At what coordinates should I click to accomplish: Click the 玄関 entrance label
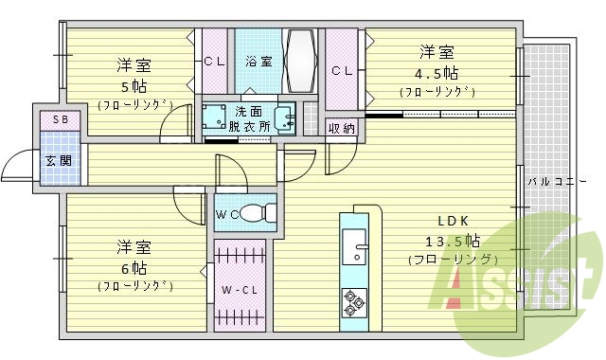pos(50,160)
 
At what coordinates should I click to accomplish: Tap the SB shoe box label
pos(60,120)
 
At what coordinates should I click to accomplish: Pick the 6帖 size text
pos(134,266)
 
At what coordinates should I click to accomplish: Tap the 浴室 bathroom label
pos(258,63)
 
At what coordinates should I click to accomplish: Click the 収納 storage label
pos(342,128)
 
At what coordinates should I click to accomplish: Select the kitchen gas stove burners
pos(353,301)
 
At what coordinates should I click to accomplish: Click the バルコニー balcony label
pos(549,179)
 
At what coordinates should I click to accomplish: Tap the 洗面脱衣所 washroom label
pos(250,117)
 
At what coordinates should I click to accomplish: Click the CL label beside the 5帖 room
pos(213,63)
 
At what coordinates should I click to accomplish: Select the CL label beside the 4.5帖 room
pos(342,70)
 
